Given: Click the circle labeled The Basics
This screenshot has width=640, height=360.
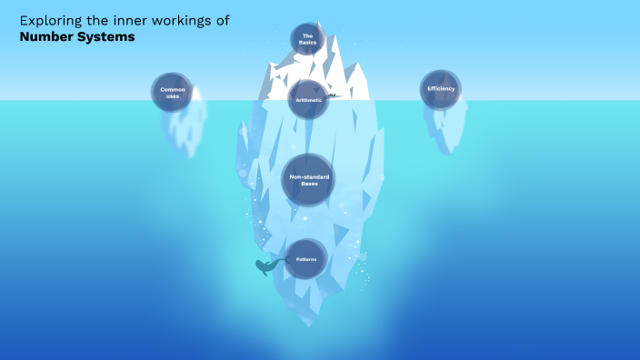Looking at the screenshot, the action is point(307,39).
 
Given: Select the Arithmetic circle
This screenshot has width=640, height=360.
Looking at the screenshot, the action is point(308,99).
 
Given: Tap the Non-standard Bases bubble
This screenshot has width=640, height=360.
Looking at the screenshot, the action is point(308,180).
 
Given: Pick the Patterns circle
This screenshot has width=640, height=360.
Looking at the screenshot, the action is point(306,260).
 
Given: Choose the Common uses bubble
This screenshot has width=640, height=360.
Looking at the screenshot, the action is point(172,92).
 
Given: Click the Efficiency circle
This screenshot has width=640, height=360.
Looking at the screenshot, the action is point(441,89).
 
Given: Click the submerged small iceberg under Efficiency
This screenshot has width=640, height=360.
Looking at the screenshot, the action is point(445,127).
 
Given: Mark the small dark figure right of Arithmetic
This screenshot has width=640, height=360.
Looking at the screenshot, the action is point(334,95).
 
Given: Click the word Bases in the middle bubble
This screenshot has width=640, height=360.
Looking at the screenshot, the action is point(308,184).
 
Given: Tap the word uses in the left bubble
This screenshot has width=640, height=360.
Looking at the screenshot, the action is point(172,95).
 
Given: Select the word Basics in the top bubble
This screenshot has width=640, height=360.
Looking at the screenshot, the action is point(307,43).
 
